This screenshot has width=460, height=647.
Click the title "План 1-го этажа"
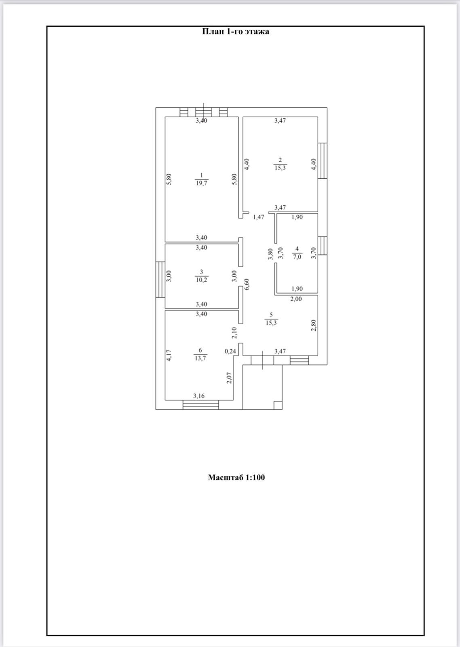236,32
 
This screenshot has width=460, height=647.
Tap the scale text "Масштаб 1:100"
236,478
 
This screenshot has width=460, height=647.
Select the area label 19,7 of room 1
201,182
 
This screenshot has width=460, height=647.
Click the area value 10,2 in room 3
201,279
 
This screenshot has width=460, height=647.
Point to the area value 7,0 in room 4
297,257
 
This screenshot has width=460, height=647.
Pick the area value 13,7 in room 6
200,358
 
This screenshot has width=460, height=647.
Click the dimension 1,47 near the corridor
258,217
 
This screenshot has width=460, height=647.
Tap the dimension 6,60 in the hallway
247,284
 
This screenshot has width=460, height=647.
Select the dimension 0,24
230,351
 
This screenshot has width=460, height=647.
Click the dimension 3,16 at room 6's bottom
199,396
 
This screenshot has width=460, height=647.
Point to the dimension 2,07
229,377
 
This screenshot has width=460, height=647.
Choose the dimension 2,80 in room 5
313,325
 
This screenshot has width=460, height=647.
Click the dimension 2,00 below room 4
296,299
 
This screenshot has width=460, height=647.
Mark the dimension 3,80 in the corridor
270,254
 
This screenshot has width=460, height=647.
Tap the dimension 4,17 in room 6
169,355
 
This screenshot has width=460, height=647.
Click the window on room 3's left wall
160,279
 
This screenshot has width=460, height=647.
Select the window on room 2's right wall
323,161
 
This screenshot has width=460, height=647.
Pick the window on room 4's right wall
323,245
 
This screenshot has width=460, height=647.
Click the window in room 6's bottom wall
200,405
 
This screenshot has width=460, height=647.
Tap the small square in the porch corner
278,405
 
